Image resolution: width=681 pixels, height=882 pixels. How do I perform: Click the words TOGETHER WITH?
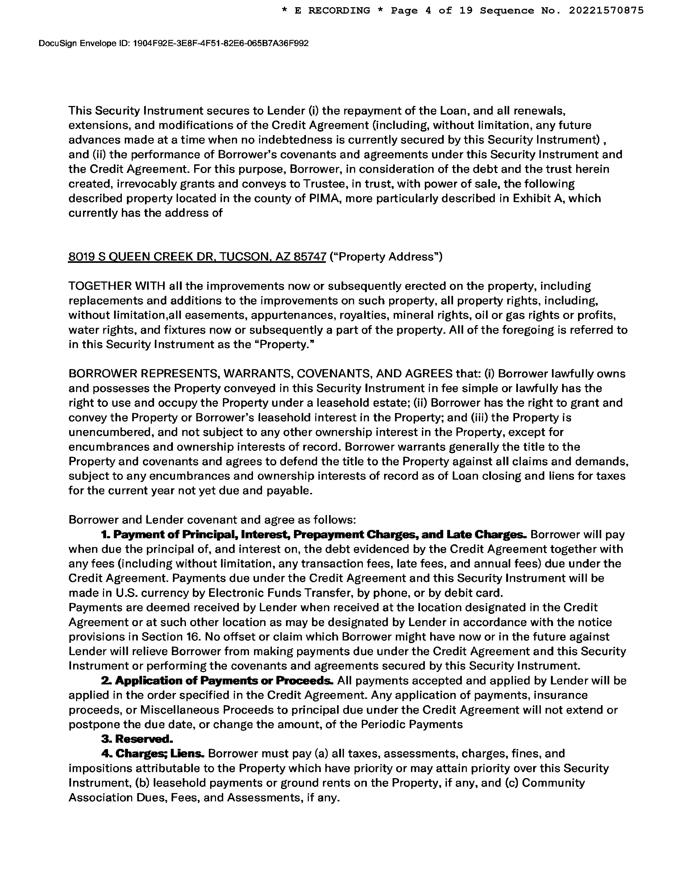click(x=117, y=286)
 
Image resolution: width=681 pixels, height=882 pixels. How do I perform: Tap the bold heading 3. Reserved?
click(x=137, y=739)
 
